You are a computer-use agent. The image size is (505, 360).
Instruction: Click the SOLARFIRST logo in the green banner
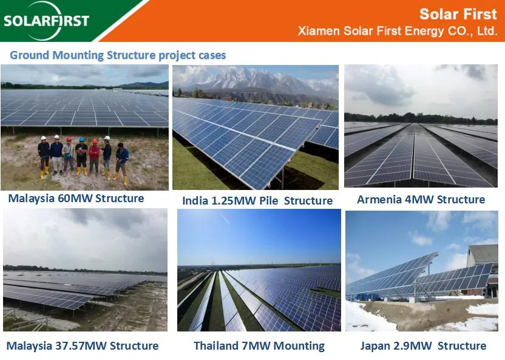[x=46, y=21]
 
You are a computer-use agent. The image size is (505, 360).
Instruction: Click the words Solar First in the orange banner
[x=458, y=14]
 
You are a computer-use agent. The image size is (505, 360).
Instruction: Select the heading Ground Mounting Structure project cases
[x=118, y=55]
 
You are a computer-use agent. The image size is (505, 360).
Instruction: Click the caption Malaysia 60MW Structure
[x=76, y=198]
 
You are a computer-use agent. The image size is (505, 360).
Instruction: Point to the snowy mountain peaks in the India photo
[x=255, y=80]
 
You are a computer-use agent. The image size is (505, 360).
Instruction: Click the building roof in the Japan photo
[x=483, y=252]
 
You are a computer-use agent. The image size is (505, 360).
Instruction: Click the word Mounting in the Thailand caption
[x=295, y=346]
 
